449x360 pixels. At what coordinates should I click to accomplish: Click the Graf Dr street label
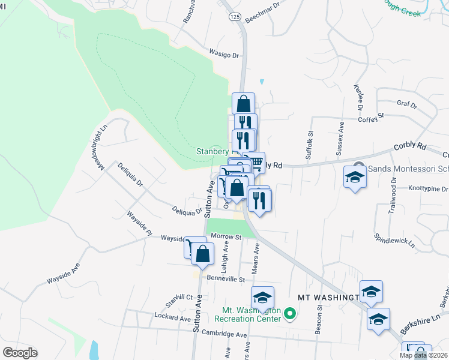click(406, 104)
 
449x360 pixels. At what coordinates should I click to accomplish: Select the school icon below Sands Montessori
click(355, 178)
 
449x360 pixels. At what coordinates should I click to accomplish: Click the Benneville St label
click(226, 279)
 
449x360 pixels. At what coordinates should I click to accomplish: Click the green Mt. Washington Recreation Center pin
click(289, 313)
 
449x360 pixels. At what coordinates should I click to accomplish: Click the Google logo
click(19, 353)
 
